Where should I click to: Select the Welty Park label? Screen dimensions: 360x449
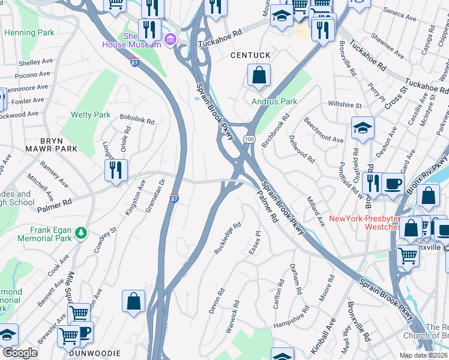[x=91, y=115]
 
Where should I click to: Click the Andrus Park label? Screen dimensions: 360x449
[x=274, y=102]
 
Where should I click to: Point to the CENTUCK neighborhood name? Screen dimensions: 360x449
[x=251, y=55]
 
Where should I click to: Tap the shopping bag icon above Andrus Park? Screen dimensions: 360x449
[x=259, y=76]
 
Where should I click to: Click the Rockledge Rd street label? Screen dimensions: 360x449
[x=228, y=238]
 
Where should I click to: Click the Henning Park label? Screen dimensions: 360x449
[x=28, y=32]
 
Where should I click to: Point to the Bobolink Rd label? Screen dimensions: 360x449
[x=137, y=121]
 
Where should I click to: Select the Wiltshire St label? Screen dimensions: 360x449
[x=345, y=105]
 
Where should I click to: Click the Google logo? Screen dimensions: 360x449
[x=20, y=353]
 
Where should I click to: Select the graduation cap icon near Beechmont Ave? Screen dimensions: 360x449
[x=363, y=128]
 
